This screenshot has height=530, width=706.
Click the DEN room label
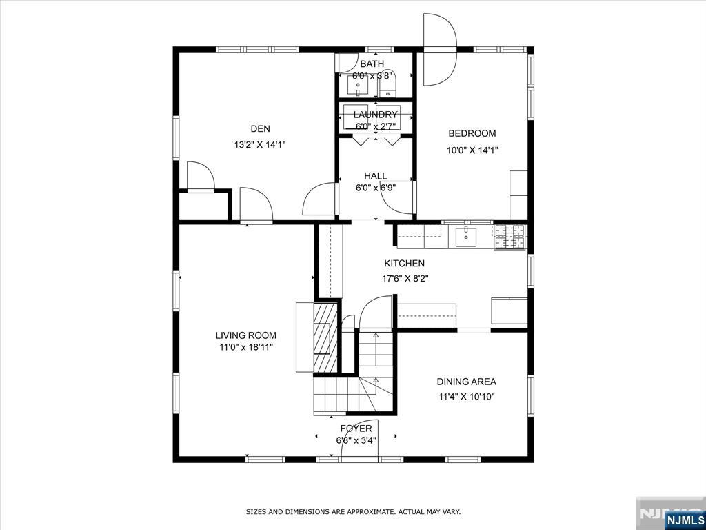click(x=260, y=129)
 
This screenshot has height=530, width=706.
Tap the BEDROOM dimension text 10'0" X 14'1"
click(x=472, y=150)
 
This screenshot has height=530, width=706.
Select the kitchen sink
click(x=466, y=237)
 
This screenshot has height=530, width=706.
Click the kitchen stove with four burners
click(x=511, y=237)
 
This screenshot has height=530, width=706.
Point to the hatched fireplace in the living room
click(x=325, y=338)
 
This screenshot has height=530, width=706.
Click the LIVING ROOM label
click(x=246, y=335)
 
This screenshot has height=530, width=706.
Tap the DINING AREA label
click(x=467, y=382)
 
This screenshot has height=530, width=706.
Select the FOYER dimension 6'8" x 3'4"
click(x=356, y=440)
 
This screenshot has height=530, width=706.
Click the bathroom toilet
click(x=387, y=86)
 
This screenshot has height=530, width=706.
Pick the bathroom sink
click(x=358, y=85)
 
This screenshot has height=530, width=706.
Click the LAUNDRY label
click(x=376, y=115)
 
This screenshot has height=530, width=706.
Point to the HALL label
click(x=376, y=176)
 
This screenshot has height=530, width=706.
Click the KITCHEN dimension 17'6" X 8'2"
click(x=405, y=279)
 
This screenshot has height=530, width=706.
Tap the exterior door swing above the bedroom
click(x=440, y=50)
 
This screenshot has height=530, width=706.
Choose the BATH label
click(x=372, y=64)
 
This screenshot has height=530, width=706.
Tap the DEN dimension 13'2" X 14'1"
click(x=260, y=145)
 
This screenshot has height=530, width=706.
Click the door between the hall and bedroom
click(x=397, y=197)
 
